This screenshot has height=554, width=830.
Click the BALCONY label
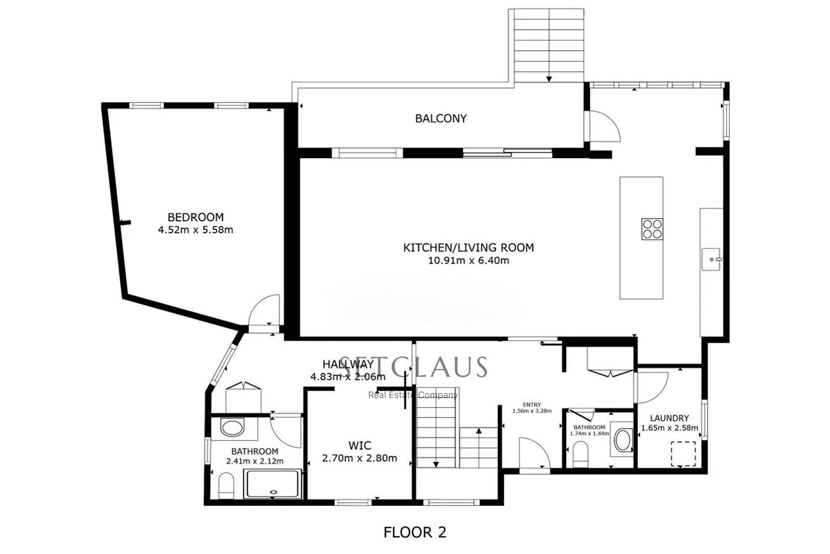pos(440,118)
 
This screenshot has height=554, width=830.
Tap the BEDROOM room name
pos(195,217)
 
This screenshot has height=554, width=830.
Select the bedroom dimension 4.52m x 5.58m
pos(195,229)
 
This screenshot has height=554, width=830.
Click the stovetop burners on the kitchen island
pos(652,229)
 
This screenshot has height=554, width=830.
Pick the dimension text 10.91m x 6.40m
pos(468,261)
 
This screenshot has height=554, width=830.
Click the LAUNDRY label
pos(669,418)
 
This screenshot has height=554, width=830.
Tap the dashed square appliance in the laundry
pos(683,453)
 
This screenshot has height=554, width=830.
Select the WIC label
pos(359,445)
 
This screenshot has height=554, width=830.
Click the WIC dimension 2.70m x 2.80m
pos(359,458)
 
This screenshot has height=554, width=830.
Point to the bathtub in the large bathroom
pos(273,484)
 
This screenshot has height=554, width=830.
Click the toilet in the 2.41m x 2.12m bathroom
pos(226,485)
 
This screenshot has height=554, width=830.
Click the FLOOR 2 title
pos(414,532)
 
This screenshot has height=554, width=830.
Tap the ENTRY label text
pos(532,405)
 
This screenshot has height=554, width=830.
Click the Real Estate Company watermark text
pos(413,395)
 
